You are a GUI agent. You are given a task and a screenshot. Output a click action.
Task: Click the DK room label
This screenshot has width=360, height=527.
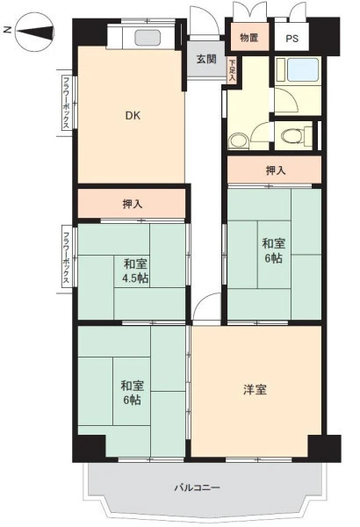click(133, 116)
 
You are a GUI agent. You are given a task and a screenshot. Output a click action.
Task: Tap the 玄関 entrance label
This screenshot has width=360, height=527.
click(206, 59)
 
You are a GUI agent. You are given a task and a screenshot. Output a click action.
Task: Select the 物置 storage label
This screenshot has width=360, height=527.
click(249, 38)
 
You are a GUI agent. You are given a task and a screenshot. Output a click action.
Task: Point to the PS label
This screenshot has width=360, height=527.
click(292, 39)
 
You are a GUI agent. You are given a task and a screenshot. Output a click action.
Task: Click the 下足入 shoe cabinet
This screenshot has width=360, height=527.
click(232, 71)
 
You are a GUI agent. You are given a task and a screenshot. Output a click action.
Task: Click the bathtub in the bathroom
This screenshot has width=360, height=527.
click(303, 69)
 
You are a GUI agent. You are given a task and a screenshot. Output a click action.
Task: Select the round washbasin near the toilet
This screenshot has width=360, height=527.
click(238, 141)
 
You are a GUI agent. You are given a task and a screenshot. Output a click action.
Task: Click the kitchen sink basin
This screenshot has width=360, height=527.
click(148, 37)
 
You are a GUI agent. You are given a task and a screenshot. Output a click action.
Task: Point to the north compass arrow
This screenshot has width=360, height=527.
click(35, 32)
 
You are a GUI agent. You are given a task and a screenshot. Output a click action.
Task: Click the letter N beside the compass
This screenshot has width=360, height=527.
click(8, 30)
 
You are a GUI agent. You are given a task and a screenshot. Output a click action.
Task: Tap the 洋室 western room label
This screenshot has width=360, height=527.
click(256, 390)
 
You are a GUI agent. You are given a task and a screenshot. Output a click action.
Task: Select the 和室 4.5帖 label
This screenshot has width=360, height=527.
click(135, 271)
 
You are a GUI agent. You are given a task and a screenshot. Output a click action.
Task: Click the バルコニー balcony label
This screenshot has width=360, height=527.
click(197, 487)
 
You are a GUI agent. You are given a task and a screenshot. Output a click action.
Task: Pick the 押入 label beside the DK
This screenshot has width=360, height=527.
click(133, 204)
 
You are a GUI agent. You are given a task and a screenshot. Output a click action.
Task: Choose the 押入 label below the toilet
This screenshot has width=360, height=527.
click(276, 170)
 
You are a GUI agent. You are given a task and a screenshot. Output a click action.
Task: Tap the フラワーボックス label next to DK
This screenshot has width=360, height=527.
click(66, 103)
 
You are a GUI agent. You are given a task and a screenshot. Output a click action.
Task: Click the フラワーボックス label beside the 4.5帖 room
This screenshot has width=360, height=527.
click(66, 256)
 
